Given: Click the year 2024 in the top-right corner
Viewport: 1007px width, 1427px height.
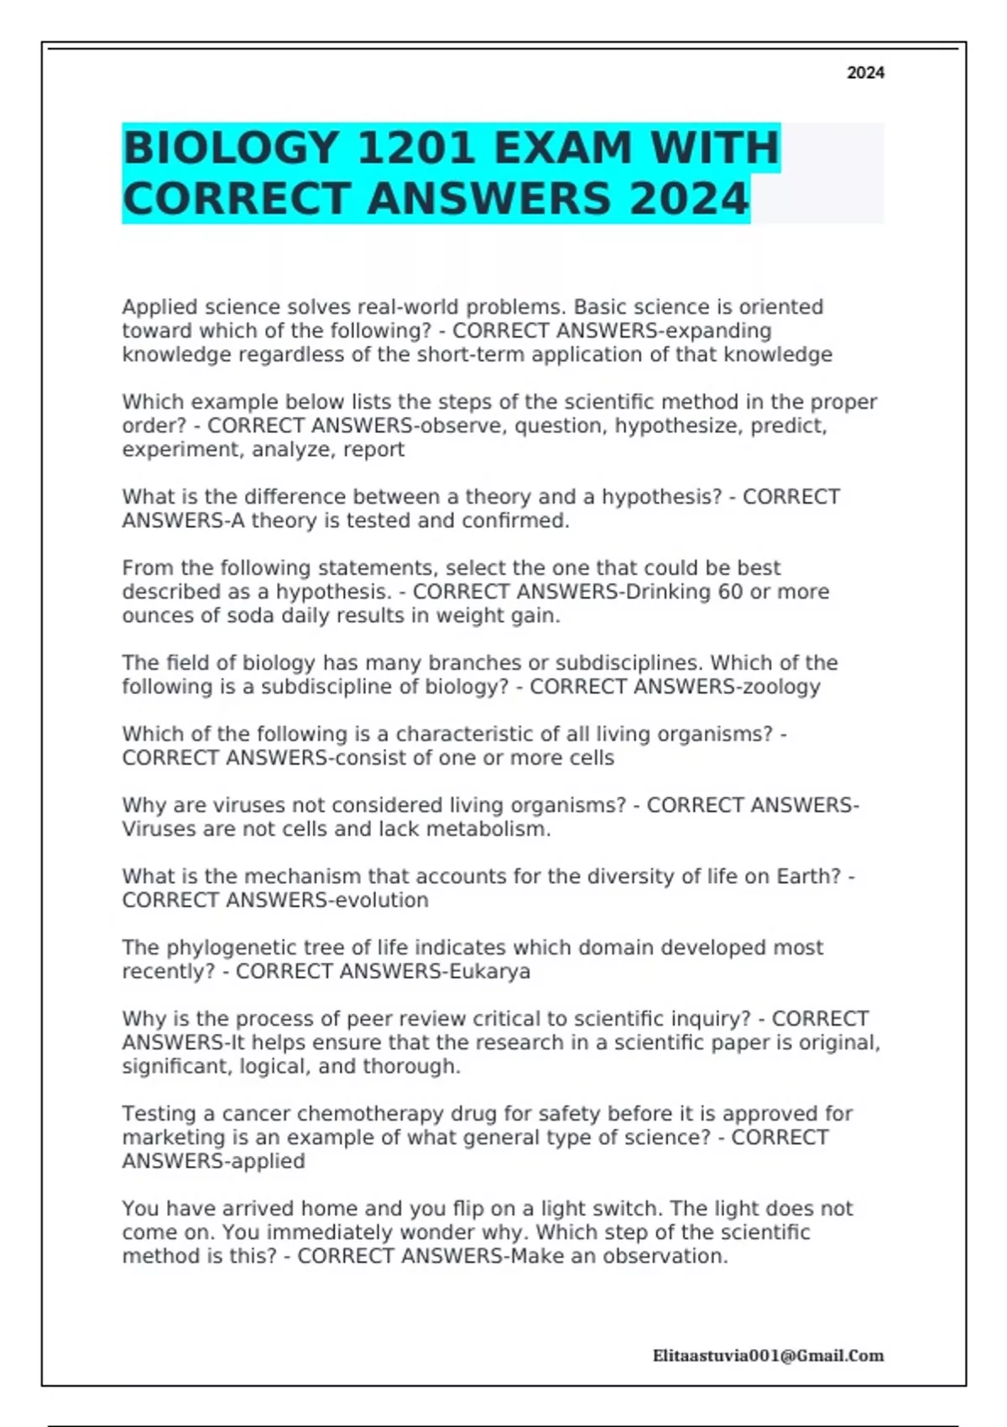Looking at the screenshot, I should point(865,73).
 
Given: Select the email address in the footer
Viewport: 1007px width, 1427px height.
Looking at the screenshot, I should point(768,1356).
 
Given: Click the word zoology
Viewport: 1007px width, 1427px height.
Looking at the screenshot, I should point(770,687).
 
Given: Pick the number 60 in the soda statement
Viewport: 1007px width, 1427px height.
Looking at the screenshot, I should point(730,592).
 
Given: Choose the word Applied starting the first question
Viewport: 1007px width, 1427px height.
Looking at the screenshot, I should point(159,307).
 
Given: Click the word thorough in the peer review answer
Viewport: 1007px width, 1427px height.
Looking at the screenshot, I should point(411,1067).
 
